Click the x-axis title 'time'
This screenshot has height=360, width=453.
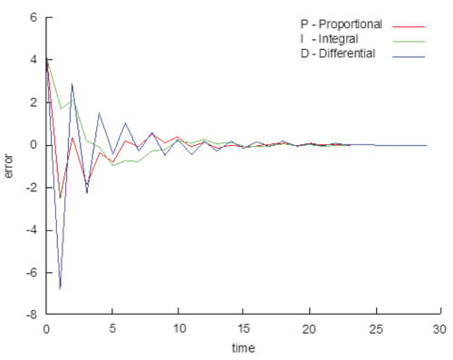[242, 347]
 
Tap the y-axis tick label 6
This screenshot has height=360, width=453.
[34, 17]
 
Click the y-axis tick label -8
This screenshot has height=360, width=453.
[31, 316]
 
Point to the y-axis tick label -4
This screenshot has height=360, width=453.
[31, 230]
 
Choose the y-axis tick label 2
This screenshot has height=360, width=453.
[34, 102]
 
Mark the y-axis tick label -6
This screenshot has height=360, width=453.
[31, 273]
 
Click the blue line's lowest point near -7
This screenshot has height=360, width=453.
[60, 288]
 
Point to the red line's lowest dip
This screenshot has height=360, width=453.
[60, 198]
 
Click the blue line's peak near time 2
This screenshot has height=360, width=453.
[72, 84]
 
